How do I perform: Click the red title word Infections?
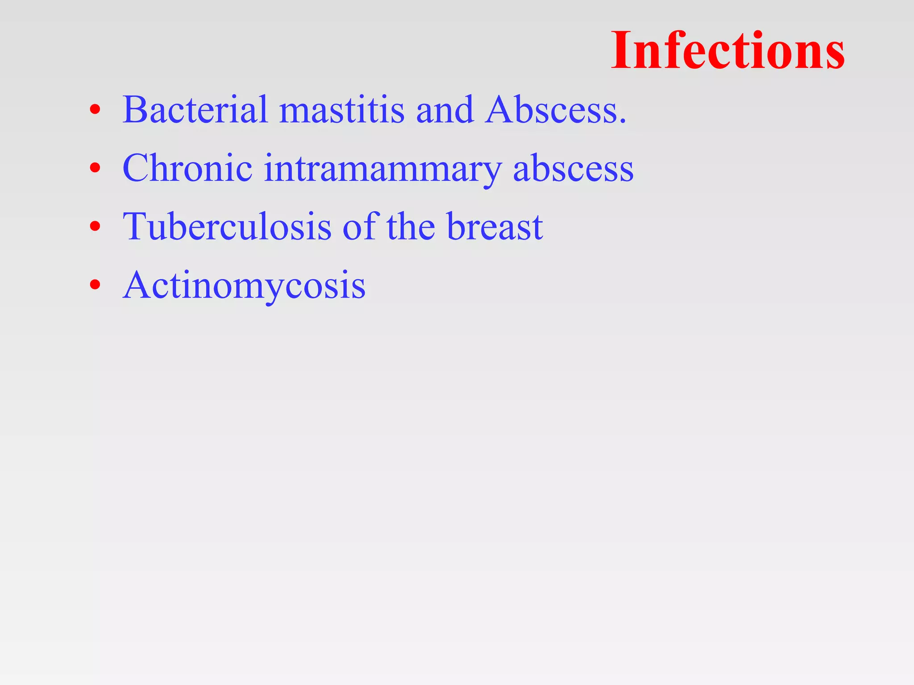[x=727, y=50]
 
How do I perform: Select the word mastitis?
[x=342, y=111]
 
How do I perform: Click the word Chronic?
[x=187, y=168]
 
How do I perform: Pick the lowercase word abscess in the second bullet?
[x=573, y=169]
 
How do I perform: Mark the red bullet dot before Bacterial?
[x=95, y=109]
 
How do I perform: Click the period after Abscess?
[x=623, y=121]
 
